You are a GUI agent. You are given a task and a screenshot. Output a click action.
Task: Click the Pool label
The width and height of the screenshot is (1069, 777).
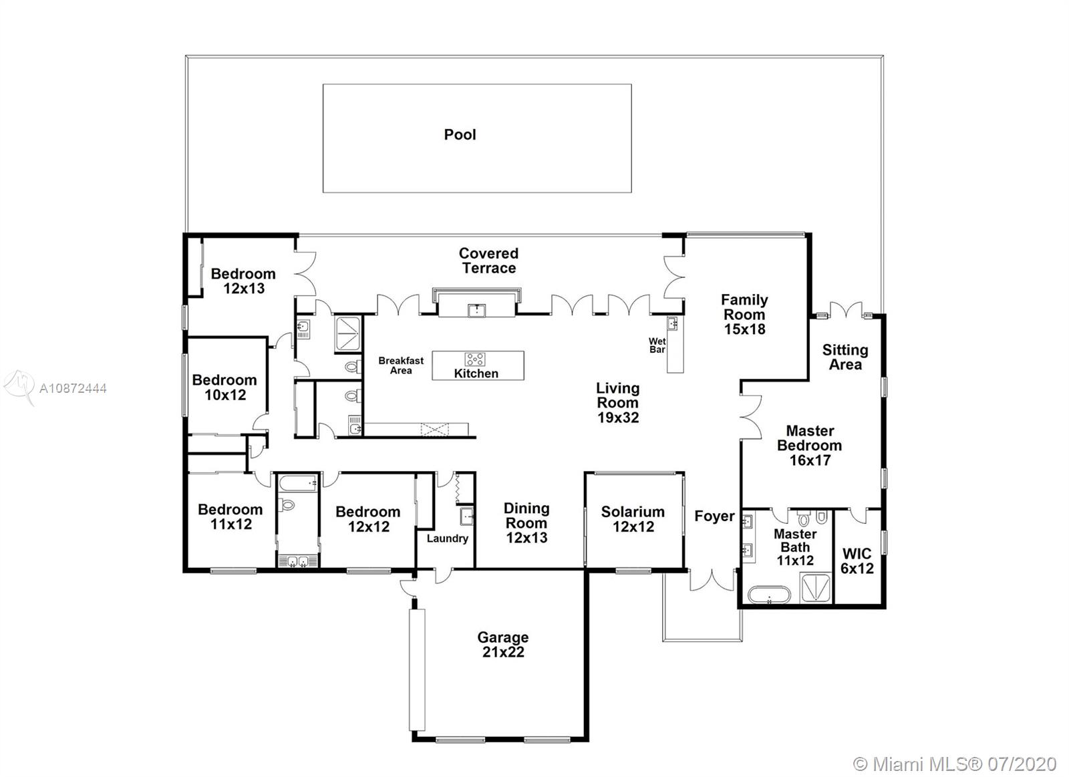[460, 134]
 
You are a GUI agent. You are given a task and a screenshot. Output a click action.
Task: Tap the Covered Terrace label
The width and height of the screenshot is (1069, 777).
[488, 261]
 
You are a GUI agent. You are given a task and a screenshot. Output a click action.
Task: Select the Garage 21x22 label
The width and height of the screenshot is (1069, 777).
[503, 644]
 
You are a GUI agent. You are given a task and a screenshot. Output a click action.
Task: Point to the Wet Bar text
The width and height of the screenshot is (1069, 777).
[657, 345]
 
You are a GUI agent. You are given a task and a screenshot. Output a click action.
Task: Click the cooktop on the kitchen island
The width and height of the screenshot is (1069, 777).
[475, 359]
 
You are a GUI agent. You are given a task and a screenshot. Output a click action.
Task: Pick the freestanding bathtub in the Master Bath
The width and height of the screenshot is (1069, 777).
[769, 595]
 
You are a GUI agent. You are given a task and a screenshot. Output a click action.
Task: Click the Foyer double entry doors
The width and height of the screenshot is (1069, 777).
[712, 581]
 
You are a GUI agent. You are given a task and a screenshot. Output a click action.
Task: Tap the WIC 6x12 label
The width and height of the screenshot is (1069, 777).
[857, 561]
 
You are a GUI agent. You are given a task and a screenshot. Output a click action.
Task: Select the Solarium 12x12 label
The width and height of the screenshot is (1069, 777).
[633, 519]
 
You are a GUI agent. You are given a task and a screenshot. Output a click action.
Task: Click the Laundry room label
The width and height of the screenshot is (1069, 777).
[447, 538]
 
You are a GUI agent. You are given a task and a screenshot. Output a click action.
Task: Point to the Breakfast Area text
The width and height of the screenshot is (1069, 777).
[401, 365]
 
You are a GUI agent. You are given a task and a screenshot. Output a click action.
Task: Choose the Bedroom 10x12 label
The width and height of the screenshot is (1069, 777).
[224, 387]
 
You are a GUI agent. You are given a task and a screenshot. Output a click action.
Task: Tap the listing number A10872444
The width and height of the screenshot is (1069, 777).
[73, 389]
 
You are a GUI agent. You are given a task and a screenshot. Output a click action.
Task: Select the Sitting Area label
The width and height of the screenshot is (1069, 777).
[845, 357]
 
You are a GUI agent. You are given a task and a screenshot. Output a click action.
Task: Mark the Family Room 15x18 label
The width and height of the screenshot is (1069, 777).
[744, 314]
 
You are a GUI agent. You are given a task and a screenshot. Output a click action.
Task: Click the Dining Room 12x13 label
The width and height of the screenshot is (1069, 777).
[526, 522]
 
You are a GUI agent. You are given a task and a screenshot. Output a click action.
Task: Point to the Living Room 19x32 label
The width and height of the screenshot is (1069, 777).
[618, 402]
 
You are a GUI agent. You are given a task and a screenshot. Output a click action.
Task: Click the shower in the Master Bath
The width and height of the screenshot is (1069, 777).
[815, 588]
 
